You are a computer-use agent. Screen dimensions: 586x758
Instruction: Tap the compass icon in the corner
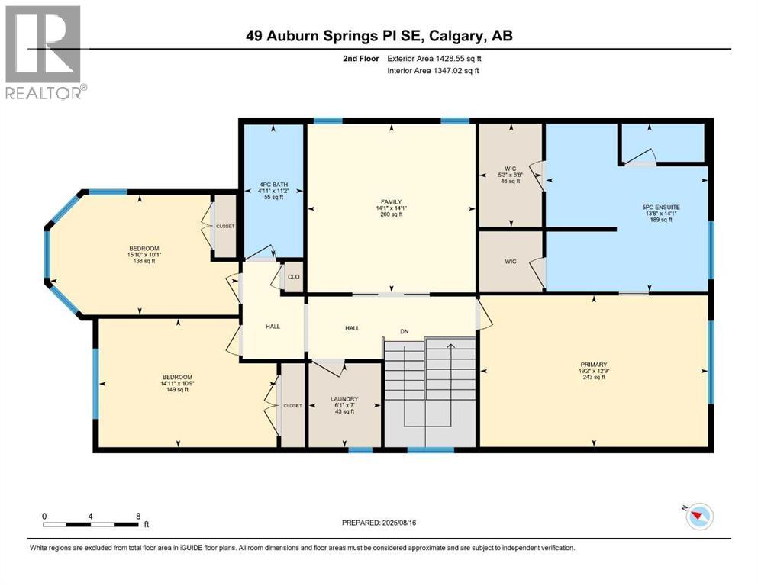click(x=699, y=517)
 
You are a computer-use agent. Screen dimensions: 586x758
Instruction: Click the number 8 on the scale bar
click(x=138, y=516)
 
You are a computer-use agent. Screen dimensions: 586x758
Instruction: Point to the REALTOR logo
click(x=44, y=52)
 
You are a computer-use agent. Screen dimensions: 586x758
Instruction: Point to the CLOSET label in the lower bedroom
click(x=293, y=406)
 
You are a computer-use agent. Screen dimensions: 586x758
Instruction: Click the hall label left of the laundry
click(x=273, y=327)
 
